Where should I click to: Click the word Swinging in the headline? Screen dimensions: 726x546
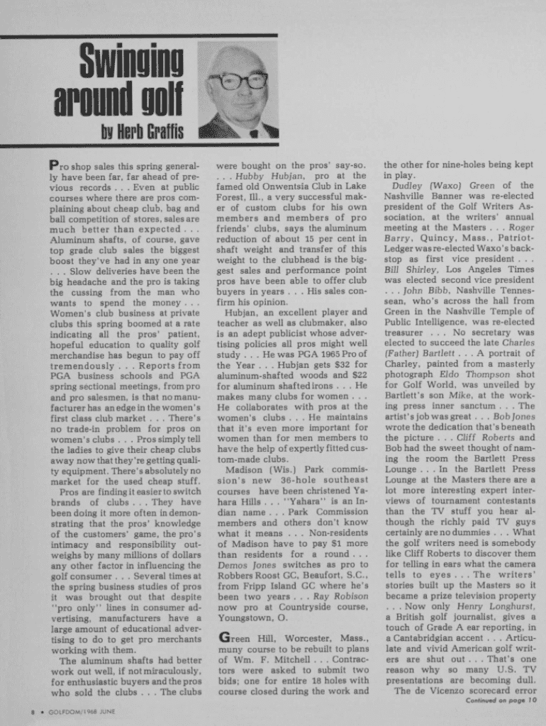coord(131,62)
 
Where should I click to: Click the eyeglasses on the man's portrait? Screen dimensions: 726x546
coord(238,80)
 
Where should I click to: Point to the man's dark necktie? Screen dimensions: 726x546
coord(254,132)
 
